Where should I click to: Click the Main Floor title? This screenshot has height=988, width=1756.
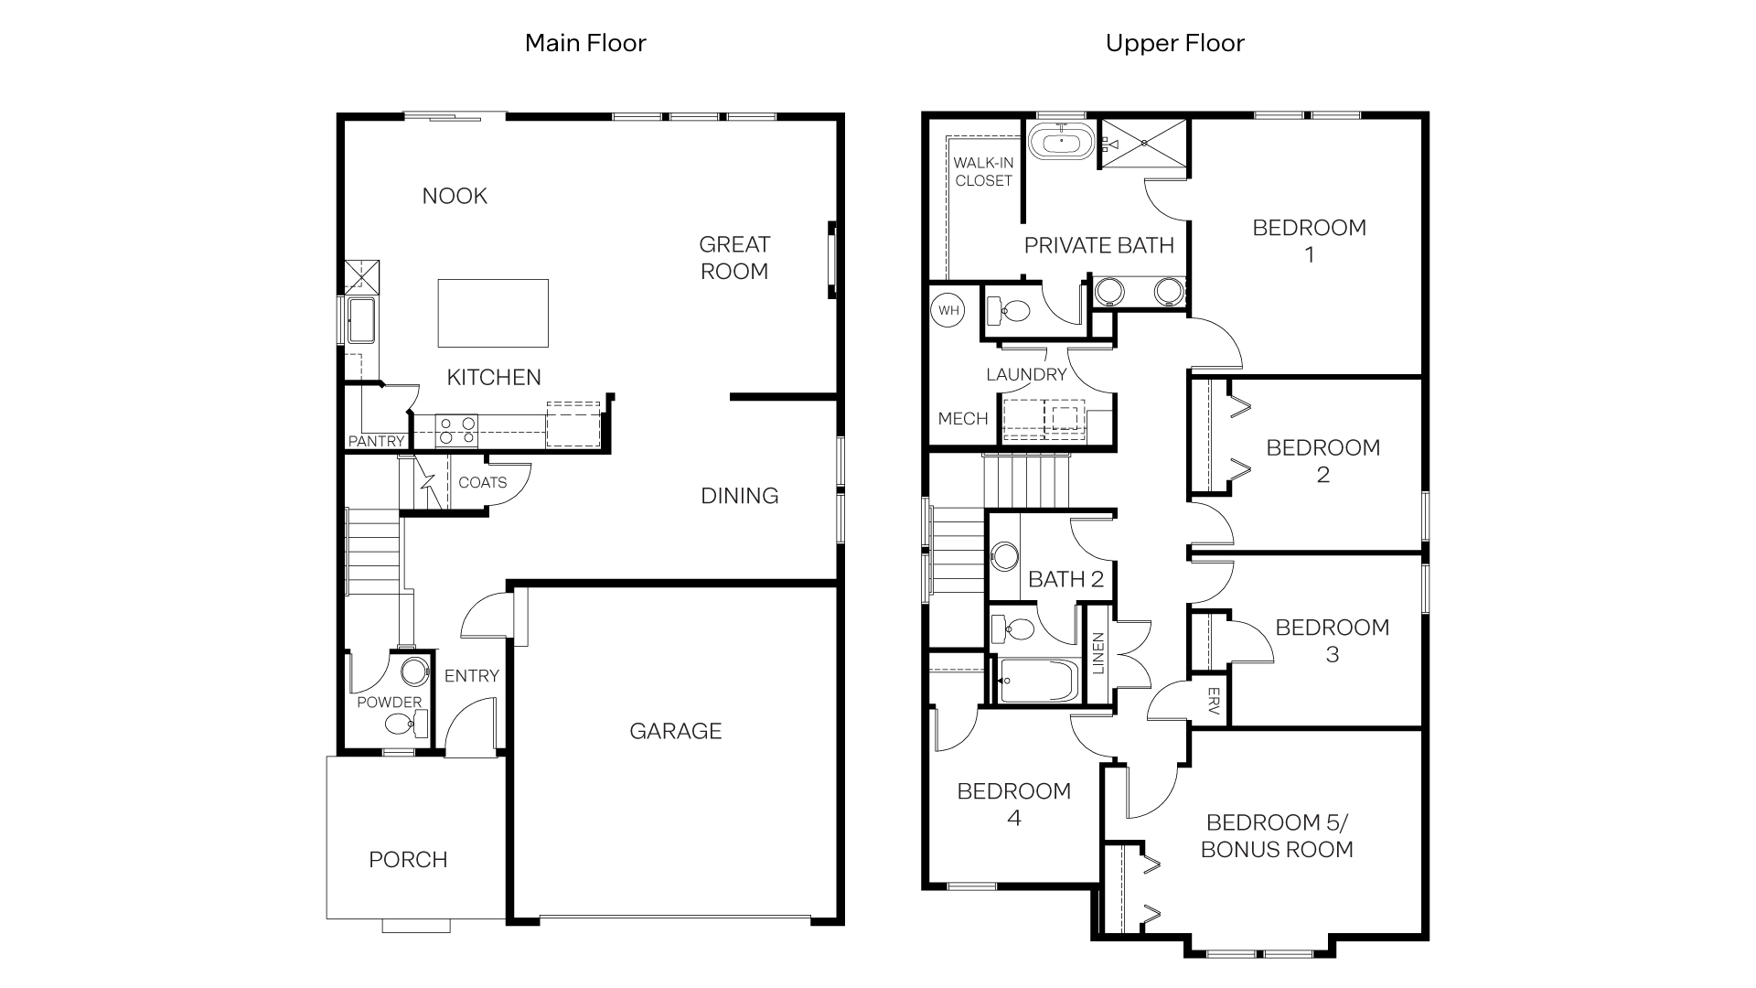585,43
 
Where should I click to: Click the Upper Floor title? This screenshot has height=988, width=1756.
1174,43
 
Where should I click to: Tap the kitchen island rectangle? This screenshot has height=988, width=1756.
493,313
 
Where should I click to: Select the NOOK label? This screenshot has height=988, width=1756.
455,196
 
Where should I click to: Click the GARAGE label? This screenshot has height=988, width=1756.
675,731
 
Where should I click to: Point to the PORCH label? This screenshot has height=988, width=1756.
408,860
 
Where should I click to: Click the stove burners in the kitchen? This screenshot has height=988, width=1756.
456,431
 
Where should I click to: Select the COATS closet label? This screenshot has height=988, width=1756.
482,482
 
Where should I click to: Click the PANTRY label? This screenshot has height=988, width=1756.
376,441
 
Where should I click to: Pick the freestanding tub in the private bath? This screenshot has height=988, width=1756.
1061,143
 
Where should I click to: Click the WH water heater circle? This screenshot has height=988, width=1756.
948,310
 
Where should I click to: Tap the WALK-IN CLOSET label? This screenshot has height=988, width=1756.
983,172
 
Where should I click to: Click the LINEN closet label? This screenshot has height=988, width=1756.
1098,653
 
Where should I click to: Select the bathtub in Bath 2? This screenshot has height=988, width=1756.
1035,682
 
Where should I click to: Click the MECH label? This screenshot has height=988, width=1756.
963,419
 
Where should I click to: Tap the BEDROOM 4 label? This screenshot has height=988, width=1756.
1013,804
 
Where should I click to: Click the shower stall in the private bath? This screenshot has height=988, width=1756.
1143,143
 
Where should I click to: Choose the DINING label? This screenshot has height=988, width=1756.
739,496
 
